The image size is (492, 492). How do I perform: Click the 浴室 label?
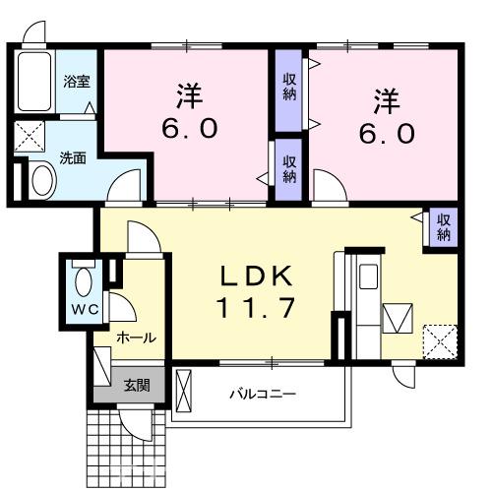coord(76,82)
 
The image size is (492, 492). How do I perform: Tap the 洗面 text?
coord(72,155)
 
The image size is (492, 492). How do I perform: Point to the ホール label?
coord(135,338)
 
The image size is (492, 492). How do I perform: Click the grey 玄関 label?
coord(137,385)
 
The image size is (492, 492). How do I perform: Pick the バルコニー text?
coord(263,394)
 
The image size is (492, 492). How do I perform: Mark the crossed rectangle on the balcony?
coord(184,395)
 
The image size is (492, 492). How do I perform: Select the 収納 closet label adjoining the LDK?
coord(443,227)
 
